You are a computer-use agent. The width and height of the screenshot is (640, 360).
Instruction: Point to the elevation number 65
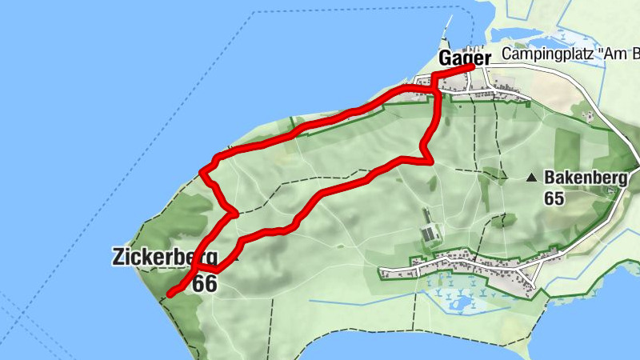pos(554,198)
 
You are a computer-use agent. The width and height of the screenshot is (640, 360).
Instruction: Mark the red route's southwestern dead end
pos(170,294)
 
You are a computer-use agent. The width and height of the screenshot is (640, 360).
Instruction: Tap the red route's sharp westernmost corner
pos(202,170)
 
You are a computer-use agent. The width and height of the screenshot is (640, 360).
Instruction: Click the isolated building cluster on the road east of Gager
pos(589,117)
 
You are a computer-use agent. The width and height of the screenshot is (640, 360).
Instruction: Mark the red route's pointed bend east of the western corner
pos(234,214)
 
